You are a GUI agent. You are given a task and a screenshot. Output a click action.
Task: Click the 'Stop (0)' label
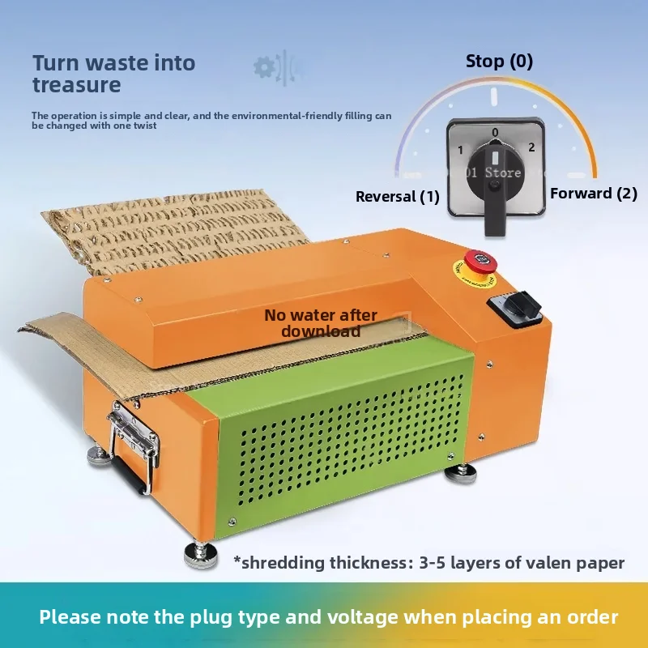tap(499, 62)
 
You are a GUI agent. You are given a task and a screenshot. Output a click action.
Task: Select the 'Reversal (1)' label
tap(398, 196)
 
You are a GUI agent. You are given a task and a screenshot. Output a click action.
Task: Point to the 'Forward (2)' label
tap(594, 194)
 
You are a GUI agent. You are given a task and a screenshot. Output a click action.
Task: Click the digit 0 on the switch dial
tap(495, 132)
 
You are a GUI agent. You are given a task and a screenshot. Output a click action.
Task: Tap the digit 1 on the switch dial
tap(460, 150)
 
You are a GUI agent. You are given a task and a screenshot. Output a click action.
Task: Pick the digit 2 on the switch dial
tap(531, 147)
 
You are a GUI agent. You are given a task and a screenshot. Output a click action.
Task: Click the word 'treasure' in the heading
tap(77, 85)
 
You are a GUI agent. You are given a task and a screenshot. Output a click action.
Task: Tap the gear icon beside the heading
tap(265, 67)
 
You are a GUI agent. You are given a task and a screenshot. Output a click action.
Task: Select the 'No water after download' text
tap(321, 323)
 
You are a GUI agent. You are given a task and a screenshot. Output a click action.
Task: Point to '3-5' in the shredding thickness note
tap(433, 563)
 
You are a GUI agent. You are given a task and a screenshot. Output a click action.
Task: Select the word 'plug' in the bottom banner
tap(211, 618)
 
